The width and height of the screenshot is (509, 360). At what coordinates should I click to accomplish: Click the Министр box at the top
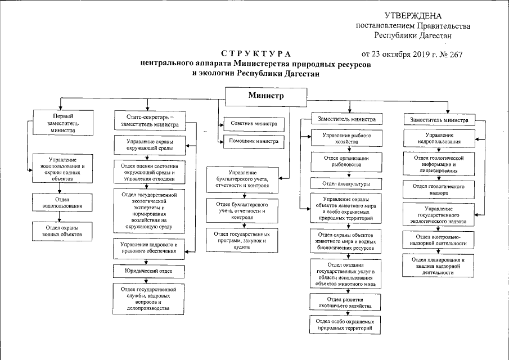[x=266, y=96]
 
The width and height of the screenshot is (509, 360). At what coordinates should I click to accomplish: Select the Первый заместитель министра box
[x=63, y=123]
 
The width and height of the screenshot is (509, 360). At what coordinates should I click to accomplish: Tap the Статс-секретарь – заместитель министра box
[x=150, y=120]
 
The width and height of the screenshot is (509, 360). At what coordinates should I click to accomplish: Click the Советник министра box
[x=254, y=124]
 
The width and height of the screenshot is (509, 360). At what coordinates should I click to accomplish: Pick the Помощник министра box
[x=254, y=142]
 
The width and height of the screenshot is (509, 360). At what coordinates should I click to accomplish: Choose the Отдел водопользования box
[x=62, y=202]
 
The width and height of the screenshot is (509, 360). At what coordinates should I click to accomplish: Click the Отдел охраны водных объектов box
[x=62, y=231]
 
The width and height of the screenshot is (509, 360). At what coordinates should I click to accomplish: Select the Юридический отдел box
[x=148, y=271]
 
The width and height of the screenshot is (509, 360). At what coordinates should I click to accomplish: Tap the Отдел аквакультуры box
[x=346, y=183]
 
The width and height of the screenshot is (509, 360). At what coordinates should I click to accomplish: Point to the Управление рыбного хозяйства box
[x=346, y=138]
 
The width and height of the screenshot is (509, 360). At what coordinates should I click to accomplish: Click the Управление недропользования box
[x=439, y=138]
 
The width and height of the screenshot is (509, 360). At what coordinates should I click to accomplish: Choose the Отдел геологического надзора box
[x=439, y=190]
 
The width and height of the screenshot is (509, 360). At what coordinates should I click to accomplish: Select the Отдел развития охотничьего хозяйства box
[x=345, y=302]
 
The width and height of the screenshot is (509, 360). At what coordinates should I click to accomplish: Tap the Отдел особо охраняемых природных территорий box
[x=345, y=325]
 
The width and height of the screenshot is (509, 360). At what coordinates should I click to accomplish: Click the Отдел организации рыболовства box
[x=346, y=161]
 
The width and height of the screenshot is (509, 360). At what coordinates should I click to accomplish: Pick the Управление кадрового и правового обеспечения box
[x=148, y=248]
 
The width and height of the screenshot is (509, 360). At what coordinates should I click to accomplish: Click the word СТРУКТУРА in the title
[x=256, y=54]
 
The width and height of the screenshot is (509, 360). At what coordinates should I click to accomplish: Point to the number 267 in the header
[x=456, y=55]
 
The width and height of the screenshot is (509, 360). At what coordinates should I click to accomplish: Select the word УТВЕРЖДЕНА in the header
[x=413, y=16]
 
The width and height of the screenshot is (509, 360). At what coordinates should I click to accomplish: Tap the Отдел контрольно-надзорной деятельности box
[x=438, y=240]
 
